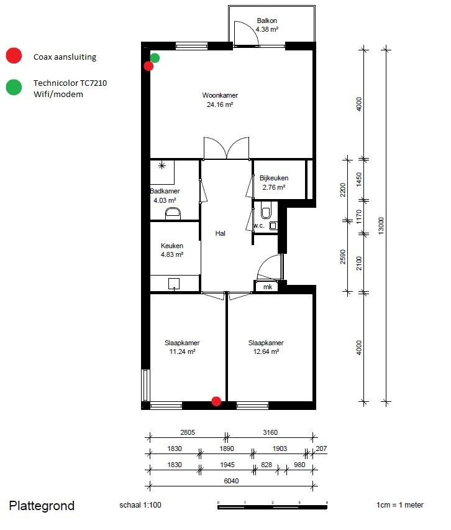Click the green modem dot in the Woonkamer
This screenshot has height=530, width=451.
[155, 58]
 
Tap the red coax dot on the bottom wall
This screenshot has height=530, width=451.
[216, 401]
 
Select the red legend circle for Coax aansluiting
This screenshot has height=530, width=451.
[14, 55]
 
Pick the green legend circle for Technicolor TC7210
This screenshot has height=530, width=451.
[14, 87]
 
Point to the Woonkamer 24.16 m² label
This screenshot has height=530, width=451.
[220, 100]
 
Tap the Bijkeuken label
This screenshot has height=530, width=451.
[274, 178]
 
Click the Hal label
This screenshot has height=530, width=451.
[220, 233]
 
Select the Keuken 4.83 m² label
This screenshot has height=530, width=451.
[172, 250]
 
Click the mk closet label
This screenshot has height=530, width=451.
[268, 287]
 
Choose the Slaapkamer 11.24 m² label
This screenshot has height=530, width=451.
[182, 347]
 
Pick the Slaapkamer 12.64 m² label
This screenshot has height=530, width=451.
[266, 347]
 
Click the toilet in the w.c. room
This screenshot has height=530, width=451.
[266, 212]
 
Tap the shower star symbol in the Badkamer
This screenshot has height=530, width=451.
[162, 165]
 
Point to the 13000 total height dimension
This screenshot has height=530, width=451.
[381, 226]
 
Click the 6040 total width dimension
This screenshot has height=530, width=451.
[231, 481]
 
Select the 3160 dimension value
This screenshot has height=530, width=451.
[270, 432]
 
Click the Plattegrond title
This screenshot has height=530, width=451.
[42, 506]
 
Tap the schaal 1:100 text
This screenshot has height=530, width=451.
[140, 505]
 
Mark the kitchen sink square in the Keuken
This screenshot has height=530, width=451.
[174, 284]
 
